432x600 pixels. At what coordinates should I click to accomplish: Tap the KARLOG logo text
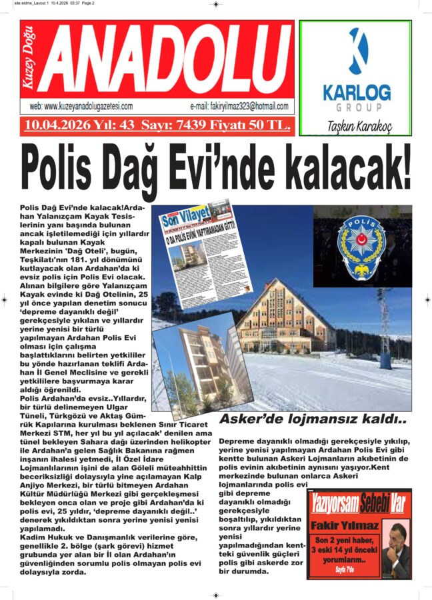(356, 91)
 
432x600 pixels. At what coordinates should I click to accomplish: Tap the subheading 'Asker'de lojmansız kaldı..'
(313, 419)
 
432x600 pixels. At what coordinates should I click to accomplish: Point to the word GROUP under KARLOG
(355, 107)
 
